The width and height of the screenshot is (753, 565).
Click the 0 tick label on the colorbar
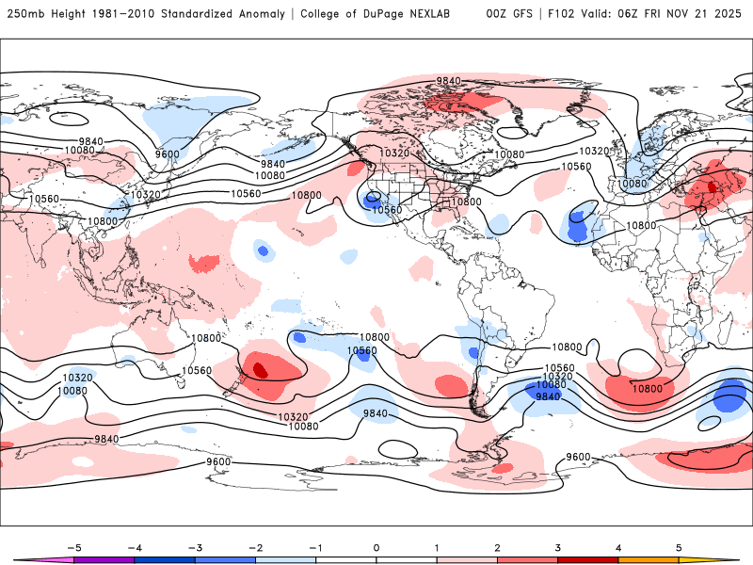(376, 546)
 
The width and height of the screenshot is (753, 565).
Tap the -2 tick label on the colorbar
(255, 546)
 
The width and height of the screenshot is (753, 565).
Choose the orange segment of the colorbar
(649, 560)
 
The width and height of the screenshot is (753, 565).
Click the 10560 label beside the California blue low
(388, 210)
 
